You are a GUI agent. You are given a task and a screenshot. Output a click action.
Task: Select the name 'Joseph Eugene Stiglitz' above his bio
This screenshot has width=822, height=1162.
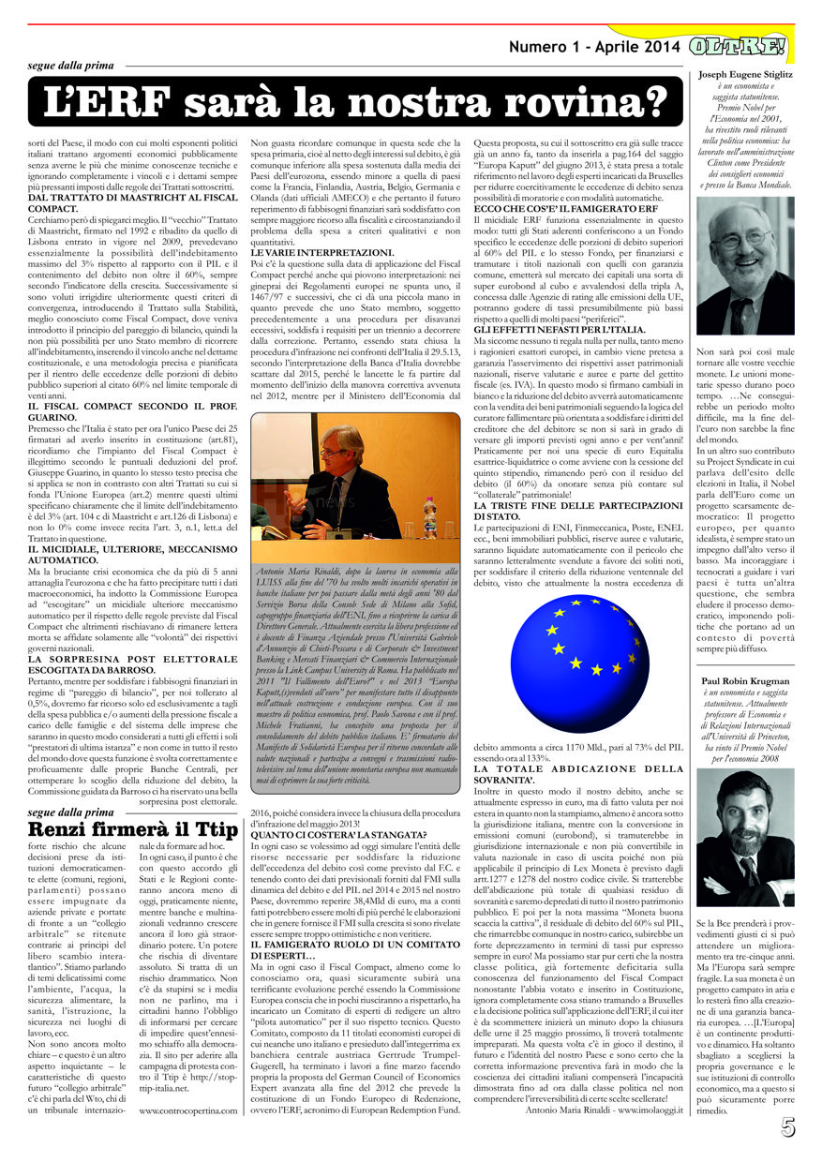[x=744, y=74]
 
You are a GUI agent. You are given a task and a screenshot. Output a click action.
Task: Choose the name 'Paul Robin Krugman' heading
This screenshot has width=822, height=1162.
[x=745, y=681]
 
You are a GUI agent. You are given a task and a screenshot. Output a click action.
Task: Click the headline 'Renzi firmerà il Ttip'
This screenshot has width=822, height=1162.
[x=134, y=829]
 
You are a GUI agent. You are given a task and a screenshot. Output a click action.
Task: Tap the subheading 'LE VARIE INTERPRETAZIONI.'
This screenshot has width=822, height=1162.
[x=309, y=253]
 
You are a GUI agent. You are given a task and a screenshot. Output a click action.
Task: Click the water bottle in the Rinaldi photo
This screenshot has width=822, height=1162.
[x=428, y=517]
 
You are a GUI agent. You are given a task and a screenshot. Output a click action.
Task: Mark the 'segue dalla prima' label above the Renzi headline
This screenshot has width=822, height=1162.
[x=70, y=812]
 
